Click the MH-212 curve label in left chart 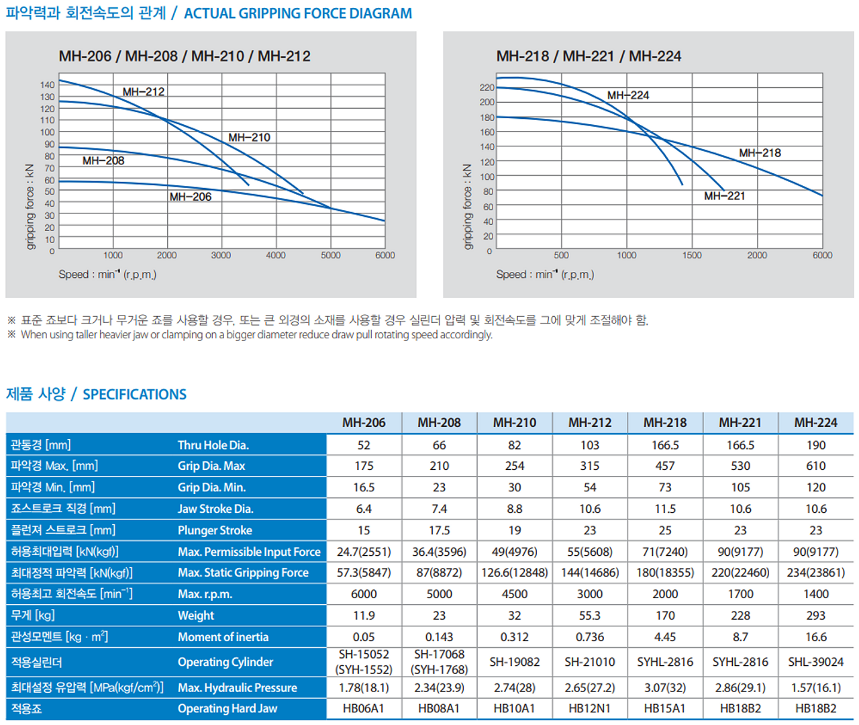[143, 92]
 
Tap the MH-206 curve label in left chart [190, 197]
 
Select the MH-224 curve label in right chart [628, 95]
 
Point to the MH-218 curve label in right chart [760, 153]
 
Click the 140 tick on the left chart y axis [47, 85]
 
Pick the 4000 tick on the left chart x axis [275, 255]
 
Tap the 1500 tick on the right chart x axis [692, 255]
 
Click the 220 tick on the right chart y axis [487, 87]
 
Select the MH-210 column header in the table [515, 423]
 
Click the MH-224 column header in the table [815, 423]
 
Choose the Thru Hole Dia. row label [213, 445]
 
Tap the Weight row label [196, 616]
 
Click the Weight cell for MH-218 [665, 616]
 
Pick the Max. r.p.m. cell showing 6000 [364, 594]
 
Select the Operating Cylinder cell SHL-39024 [815, 662]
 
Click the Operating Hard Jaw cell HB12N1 [590, 708]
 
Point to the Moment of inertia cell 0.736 [590, 637]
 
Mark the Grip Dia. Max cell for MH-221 [740, 466]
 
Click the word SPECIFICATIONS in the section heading [134, 395]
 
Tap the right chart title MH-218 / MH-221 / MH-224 [589, 56]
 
